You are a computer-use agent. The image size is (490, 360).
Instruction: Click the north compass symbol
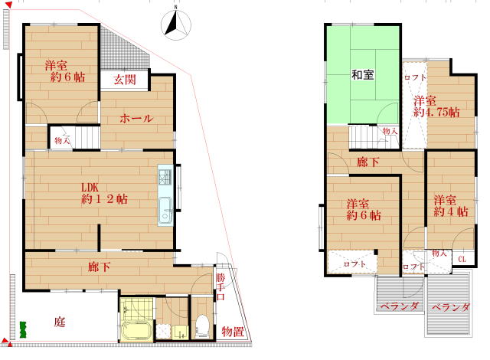[176, 25]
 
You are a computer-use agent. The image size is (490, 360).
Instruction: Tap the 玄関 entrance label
[125, 80]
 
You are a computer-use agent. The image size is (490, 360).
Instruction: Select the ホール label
[136, 119]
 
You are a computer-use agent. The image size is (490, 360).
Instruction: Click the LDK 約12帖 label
[104, 194]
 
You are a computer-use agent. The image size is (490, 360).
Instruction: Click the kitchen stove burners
[165, 177]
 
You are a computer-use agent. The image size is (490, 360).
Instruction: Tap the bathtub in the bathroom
[136, 331]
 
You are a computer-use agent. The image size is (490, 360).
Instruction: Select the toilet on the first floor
[202, 327]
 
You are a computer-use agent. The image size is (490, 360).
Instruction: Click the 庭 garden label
[60, 322]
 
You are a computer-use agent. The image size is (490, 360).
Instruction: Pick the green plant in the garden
[23, 329]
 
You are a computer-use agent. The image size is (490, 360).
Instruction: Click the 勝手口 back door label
[220, 287]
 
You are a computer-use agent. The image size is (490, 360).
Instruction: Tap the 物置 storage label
[233, 332]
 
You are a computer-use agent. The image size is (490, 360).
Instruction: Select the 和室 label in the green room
[362, 75]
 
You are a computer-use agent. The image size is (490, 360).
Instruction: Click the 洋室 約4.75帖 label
[436, 106]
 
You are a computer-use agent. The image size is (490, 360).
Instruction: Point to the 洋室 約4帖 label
[451, 206]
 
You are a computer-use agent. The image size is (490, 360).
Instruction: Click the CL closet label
[462, 259]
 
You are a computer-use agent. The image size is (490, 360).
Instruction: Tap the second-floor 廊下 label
[368, 162]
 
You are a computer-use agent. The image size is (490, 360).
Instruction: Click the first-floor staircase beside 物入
[87, 137]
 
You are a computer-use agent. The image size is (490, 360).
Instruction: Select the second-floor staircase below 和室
[363, 137]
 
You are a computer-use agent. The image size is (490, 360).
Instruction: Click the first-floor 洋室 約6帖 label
[65, 71]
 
